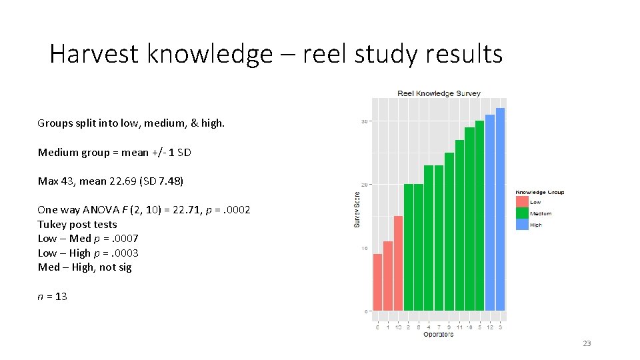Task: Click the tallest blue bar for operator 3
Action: [x=500, y=209]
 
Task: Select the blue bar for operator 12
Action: [x=490, y=213]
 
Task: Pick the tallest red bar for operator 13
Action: [x=398, y=263]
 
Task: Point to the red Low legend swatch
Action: [x=522, y=202]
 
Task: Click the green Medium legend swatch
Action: [x=522, y=213]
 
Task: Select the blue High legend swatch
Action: [x=522, y=225]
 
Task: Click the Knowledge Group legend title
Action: [x=539, y=193]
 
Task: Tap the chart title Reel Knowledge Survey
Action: [x=439, y=93]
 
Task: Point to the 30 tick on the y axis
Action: [x=365, y=121]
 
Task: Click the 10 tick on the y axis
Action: [x=365, y=248]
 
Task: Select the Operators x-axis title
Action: [x=438, y=334]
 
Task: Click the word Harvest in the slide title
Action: [x=93, y=54]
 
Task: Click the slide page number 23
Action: [x=587, y=343]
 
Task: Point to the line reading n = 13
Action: [x=53, y=296]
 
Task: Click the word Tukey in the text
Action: [x=51, y=225]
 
